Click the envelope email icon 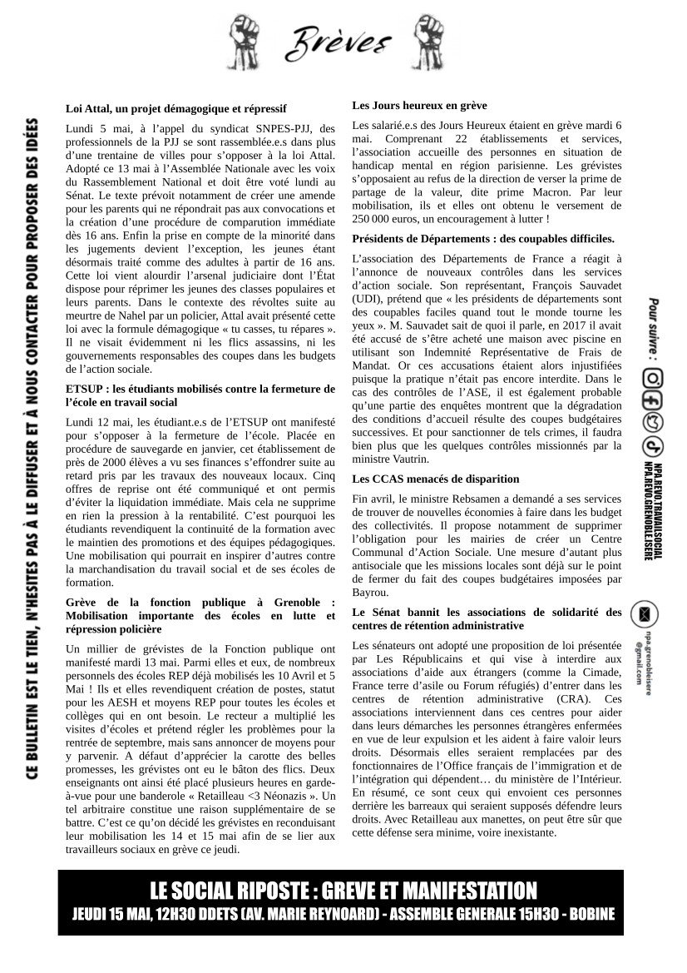[x=643, y=616]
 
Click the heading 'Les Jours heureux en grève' [x=419, y=106]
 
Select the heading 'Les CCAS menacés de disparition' [x=435, y=479]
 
